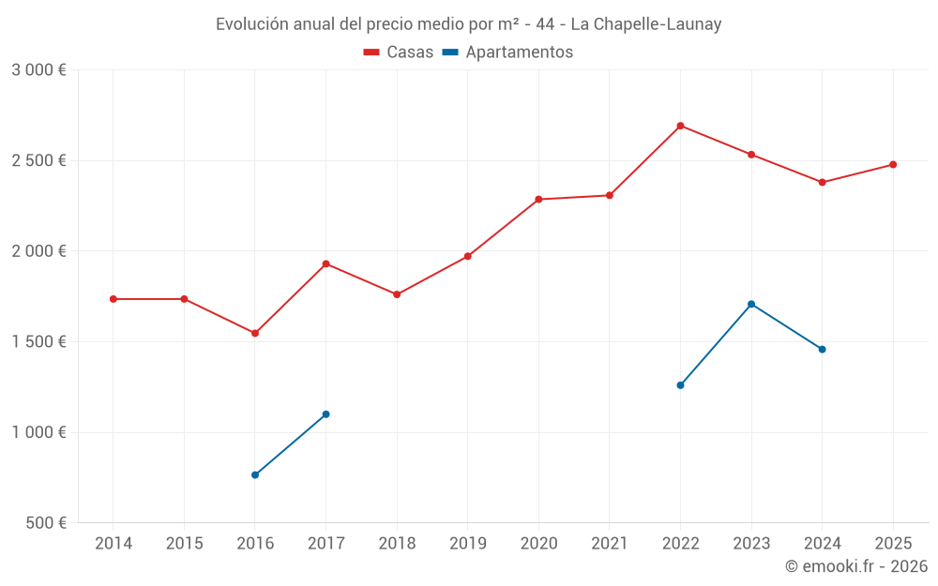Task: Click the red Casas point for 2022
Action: tap(680, 126)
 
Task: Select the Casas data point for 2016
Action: tap(255, 333)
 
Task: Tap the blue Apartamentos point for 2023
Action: tap(751, 304)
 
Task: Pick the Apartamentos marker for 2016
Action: tap(255, 474)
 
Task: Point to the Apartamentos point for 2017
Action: tap(325, 413)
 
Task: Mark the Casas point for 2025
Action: tap(893, 164)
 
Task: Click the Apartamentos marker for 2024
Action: tap(823, 349)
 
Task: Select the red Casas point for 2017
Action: tap(325, 263)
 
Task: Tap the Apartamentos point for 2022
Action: tap(680, 384)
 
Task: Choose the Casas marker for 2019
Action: tap(468, 256)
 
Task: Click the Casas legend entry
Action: tap(399, 53)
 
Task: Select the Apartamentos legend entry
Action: tap(507, 53)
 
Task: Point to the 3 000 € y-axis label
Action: tap(38, 70)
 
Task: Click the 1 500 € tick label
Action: tap(38, 342)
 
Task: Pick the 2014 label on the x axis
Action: tap(113, 544)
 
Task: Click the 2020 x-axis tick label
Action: tap(538, 544)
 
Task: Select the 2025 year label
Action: tap(893, 544)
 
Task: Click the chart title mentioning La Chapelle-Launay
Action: tap(469, 24)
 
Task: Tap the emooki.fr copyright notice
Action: tap(856, 566)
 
